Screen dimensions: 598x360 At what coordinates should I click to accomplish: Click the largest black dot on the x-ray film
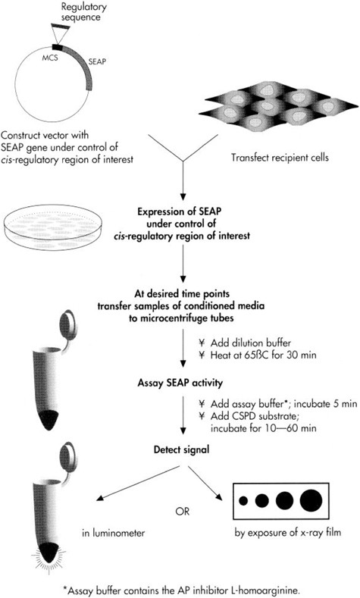[x=309, y=501]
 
